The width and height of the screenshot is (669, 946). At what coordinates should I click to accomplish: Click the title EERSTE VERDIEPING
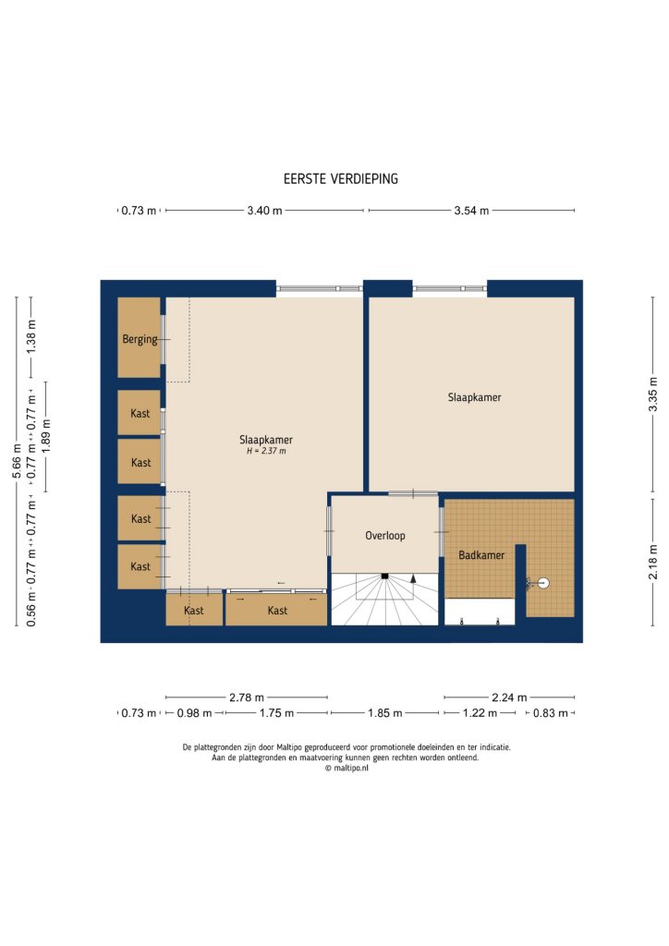[341, 179]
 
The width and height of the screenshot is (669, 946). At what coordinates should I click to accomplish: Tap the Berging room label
[140, 339]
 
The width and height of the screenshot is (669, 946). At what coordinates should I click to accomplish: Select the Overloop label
[384, 535]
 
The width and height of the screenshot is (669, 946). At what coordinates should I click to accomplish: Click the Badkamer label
[481, 555]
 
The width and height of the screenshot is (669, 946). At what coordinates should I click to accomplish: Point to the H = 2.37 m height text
[265, 452]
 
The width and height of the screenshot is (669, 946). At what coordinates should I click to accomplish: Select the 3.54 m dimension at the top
[471, 211]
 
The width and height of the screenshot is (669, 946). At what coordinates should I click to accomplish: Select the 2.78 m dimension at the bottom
[247, 697]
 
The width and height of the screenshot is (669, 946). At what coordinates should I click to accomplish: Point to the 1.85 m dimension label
[384, 713]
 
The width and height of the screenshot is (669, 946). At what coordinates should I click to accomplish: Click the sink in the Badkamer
[543, 583]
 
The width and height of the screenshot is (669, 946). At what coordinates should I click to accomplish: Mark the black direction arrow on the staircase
[414, 578]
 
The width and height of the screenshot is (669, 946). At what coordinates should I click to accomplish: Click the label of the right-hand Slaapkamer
[474, 397]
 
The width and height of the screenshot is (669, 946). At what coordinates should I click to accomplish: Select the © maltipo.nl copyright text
[346, 767]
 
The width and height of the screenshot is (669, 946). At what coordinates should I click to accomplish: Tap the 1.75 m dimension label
[276, 713]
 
